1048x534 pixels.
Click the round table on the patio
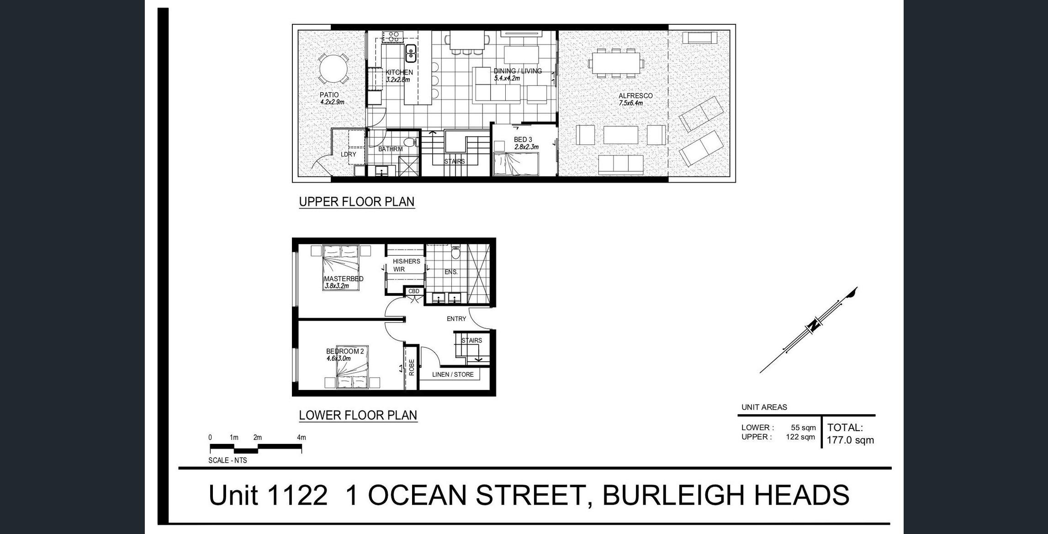[333, 69]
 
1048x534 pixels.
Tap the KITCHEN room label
[399, 72]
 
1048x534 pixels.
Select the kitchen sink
[411, 53]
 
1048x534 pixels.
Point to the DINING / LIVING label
[518, 71]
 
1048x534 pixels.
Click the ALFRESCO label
[635, 96]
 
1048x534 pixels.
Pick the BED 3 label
[523, 139]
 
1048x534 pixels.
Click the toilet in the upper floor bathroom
[411, 142]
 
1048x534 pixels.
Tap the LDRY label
[349, 154]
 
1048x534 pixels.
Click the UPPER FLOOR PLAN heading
[357, 202]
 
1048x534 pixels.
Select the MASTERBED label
[344, 278]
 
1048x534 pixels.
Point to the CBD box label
[414, 291]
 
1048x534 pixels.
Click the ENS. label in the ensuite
[451, 272]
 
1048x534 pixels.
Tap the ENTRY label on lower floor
[456, 319]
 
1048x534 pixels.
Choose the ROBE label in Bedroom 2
[412, 367]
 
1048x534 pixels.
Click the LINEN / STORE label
[453, 374]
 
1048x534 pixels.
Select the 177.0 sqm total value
[850, 440]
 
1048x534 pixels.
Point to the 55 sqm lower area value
[804, 427]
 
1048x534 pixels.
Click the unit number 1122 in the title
[297, 495]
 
